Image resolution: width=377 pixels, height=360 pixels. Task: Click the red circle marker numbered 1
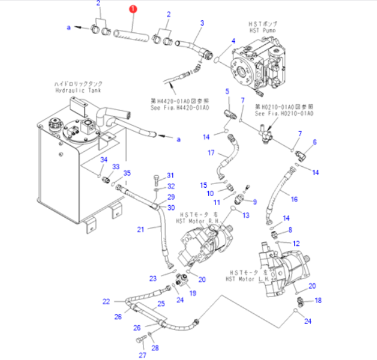pos(133,9)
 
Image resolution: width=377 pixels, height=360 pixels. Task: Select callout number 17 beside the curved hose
pos(211,153)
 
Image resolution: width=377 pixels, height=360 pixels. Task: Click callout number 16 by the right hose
pos(294,199)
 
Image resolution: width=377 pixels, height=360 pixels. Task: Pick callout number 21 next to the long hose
pos(141,229)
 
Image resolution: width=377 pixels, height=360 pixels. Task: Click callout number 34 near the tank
pos(103,159)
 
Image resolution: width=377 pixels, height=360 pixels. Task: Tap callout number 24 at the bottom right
pos(308,322)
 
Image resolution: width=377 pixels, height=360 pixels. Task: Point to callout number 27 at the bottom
pos(142,355)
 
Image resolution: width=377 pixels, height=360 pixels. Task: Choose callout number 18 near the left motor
pos(318,300)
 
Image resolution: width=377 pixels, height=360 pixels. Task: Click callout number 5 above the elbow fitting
pos(227,90)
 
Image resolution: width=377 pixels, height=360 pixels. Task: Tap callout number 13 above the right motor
pos(245,215)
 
